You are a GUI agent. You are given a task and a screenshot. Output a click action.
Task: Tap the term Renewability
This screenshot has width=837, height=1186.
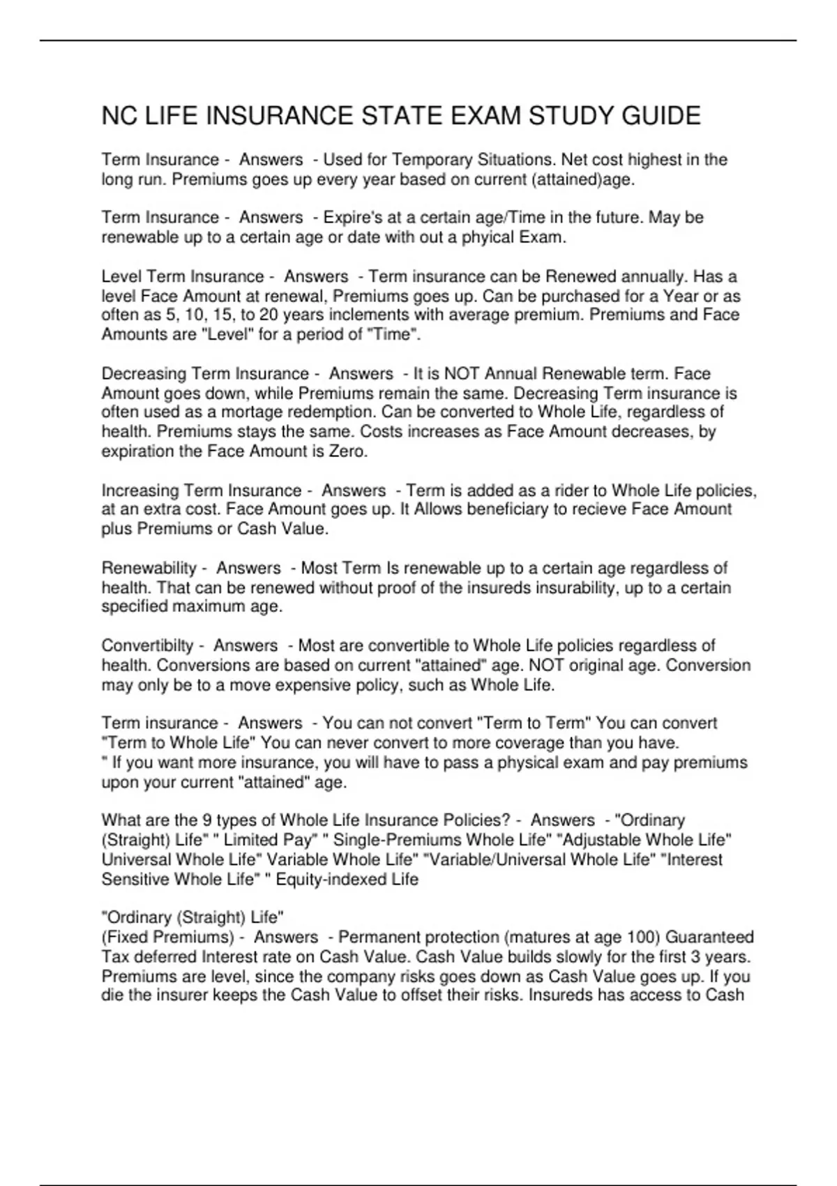click(149, 568)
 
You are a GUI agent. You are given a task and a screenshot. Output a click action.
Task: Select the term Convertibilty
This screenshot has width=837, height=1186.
click(147, 645)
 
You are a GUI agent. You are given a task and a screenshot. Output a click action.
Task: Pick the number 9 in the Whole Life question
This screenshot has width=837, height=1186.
click(209, 820)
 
